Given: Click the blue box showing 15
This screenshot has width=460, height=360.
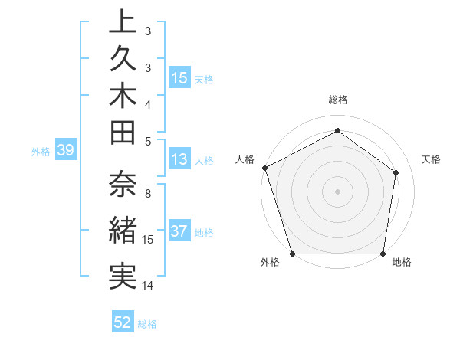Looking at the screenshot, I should pos(179,78).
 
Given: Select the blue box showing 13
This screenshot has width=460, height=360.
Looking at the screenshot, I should pos(179,160).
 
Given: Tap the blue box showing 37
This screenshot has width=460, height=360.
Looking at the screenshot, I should pos(179,232).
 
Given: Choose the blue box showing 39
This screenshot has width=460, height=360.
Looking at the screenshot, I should pos(66,151).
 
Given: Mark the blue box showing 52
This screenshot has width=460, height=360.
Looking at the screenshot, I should pos(123,323).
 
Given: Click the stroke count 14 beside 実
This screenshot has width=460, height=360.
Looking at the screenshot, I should pos(148,286).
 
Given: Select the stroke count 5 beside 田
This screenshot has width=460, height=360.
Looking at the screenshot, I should pos(148,140).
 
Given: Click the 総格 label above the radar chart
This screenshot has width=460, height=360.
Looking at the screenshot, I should pos(337,100).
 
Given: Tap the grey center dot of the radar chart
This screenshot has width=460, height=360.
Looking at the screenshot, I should pos(337,191).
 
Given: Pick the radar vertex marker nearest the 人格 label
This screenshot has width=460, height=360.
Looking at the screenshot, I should pos(264,167).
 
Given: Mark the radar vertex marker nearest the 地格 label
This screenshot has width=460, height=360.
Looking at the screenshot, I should pos(383,254).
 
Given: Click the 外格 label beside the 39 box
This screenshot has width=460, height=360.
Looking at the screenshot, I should pos(41,152).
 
